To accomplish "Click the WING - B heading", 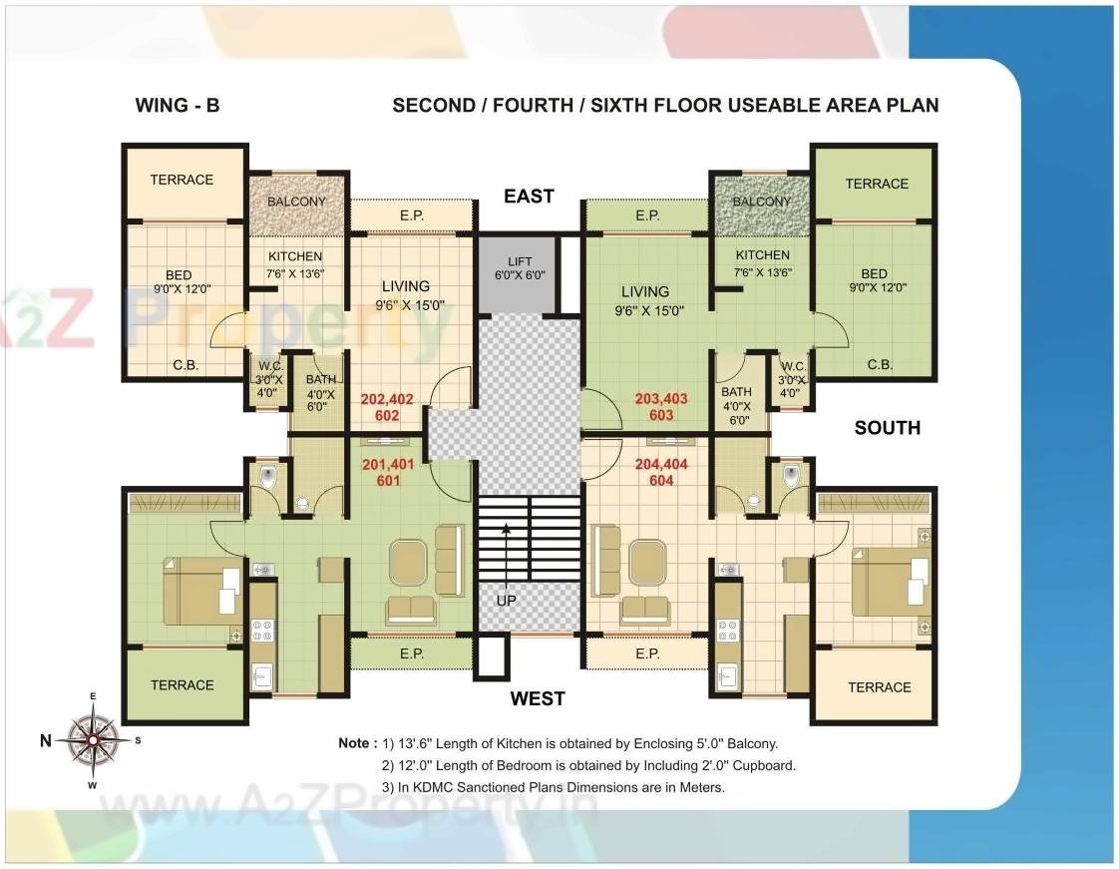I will [x=178, y=106].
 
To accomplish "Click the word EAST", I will [x=529, y=197].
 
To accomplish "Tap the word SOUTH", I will [x=887, y=428].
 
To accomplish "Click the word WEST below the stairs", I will [x=538, y=698].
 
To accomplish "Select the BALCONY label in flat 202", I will [x=297, y=202].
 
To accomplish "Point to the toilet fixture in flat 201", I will [x=266, y=478].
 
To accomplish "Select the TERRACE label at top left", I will [x=182, y=181].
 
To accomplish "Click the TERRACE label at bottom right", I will [x=879, y=687].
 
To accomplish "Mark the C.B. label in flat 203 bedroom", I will [x=880, y=365].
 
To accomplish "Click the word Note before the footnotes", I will [x=356, y=743].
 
